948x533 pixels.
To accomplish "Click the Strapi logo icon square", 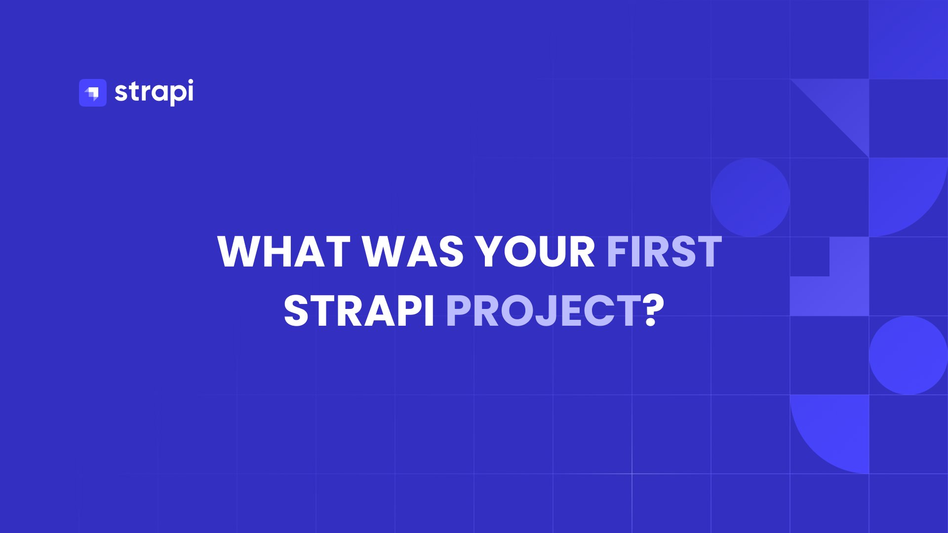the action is [x=93, y=93].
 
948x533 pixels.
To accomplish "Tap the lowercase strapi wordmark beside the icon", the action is [x=154, y=92].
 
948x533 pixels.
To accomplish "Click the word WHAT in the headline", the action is [x=284, y=252].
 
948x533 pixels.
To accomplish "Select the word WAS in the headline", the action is [x=413, y=252].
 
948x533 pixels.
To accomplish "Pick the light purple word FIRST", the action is [x=664, y=252].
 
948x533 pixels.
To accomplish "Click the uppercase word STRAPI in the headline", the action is [x=359, y=311].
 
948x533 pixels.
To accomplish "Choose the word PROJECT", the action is [x=544, y=311].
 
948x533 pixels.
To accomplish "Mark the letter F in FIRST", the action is [x=617, y=252].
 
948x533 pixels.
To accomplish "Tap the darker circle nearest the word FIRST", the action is [x=750, y=197].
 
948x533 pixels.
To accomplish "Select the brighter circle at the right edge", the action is [x=908, y=355].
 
